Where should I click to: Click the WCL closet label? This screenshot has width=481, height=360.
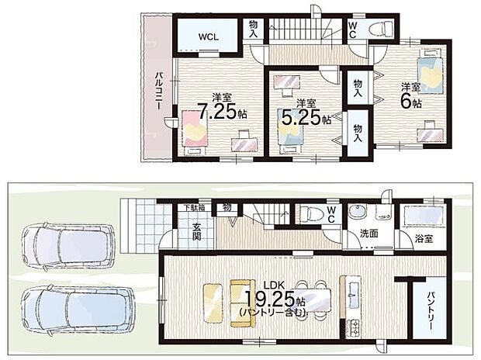pos(209,37)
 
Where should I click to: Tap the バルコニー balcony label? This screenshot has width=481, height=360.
pos(158,91)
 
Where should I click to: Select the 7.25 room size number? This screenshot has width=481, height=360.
pos(217,111)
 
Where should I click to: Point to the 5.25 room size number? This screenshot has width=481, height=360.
pos(301,117)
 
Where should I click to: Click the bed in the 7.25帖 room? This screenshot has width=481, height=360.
pos(195,133)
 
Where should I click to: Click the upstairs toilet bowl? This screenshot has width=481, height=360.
pos(380,29)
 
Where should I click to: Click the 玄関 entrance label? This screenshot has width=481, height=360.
pos(196,231)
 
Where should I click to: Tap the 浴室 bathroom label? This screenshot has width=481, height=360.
pos(424,238)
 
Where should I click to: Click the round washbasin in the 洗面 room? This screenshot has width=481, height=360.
pos(357,212)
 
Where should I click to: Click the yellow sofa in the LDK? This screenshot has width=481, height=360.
pos(243,303)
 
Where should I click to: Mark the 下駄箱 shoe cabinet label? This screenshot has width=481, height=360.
pos(195,207)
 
